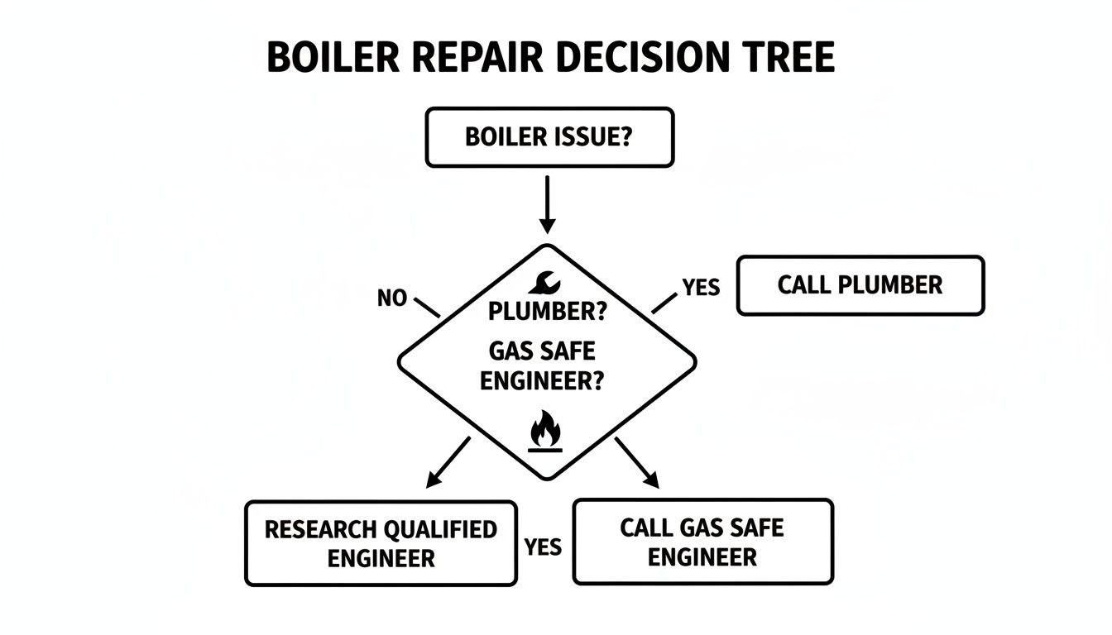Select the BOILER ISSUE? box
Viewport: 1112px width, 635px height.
[x=549, y=137]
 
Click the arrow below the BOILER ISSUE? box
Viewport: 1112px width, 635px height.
[x=547, y=203]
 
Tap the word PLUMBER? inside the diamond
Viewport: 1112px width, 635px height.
[x=547, y=312]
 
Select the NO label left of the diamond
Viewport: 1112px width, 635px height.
[x=391, y=298]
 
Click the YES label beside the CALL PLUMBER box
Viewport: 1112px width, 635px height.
[x=701, y=287]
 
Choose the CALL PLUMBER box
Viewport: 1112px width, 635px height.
[x=860, y=285]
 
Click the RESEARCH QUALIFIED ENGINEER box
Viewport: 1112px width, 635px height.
[x=381, y=543]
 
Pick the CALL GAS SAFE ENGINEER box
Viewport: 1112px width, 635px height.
[x=702, y=542]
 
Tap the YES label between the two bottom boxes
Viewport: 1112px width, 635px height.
[x=544, y=547]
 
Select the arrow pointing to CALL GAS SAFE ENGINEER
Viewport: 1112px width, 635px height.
[x=637, y=462]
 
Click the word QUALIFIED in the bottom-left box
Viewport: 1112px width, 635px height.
[x=439, y=530]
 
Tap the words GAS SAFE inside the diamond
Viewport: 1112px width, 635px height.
[x=542, y=351]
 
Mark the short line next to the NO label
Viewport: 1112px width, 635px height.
[x=427, y=307]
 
